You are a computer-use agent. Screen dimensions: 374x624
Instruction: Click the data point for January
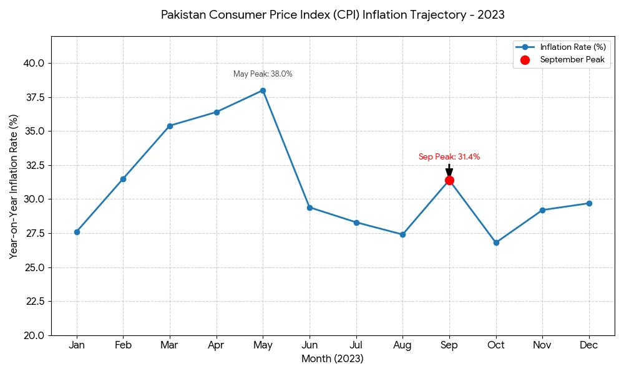(x=77, y=232)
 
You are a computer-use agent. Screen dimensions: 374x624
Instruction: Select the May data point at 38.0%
(x=263, y=90)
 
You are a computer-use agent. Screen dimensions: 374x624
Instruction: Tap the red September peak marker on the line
(x=449, y=180)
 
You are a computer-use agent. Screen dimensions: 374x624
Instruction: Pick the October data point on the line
(x=496, y=242)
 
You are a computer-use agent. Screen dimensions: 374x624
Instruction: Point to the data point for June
(x=310, y=208)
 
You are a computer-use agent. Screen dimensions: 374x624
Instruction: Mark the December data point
(x=589, y=203)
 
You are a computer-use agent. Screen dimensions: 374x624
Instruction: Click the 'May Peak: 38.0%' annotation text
(x=263, y=74)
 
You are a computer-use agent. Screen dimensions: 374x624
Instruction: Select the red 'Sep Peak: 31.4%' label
(x=449, y=157)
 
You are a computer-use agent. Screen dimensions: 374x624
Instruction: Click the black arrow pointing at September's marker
(x=449, y=170)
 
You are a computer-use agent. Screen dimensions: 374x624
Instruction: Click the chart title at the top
(x=333, y=14)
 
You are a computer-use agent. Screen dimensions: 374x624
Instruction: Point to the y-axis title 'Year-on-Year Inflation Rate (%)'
(x=14, y=186)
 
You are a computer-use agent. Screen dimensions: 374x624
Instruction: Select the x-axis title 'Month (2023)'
(x=332, y=359)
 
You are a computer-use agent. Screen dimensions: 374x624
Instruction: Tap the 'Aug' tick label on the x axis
(x=402, y=345)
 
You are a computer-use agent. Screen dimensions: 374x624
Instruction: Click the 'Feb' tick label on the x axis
(x=123, y=345)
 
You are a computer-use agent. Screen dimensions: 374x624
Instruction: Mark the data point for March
(x=170, y=126)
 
